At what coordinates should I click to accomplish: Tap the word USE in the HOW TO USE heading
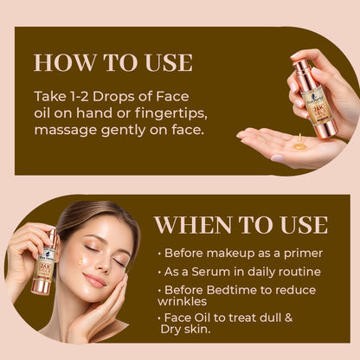(x=164, y=62)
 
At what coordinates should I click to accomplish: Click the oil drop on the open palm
(x=299, y=146)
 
